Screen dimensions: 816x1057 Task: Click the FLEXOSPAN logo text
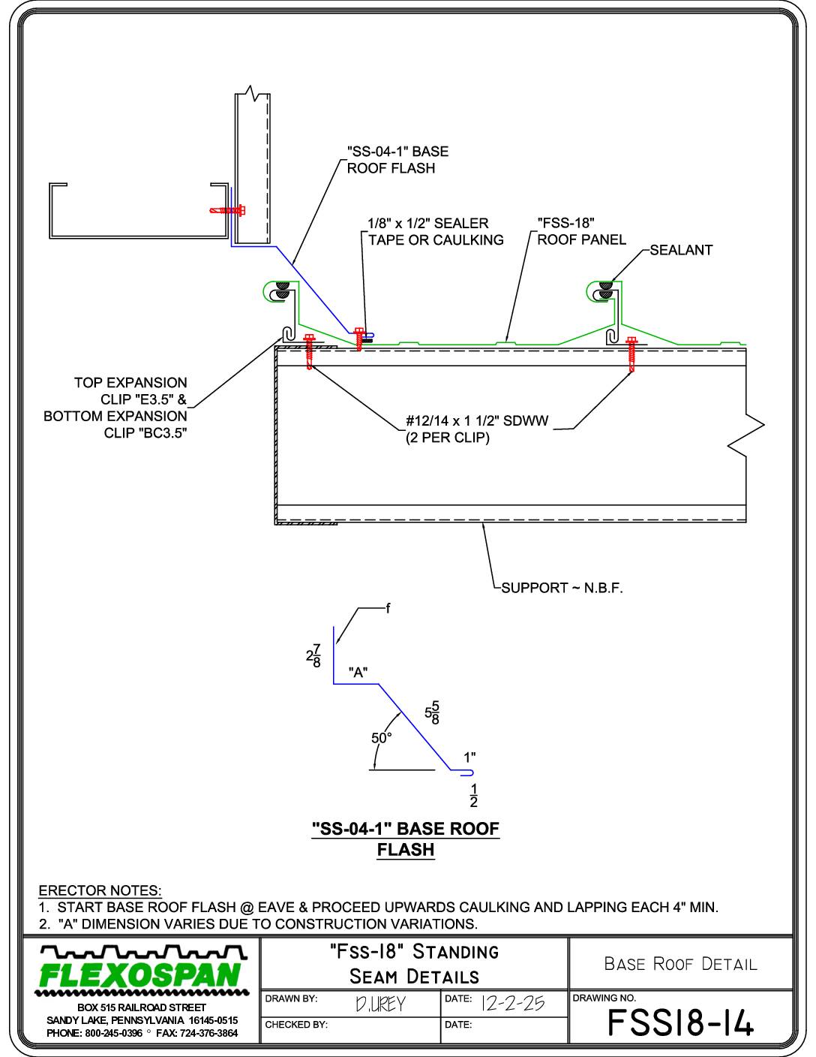click(x=140, y=976)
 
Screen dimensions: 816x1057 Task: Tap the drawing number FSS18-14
click(x=680, y=1022)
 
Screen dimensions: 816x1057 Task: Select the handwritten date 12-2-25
click(x=513, y=1004)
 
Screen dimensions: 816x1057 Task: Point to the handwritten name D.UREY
click(x=380, y=1004)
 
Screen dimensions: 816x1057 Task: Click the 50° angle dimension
click(x=382, y=738)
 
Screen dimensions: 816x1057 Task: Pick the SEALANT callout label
click(x=681, y=250)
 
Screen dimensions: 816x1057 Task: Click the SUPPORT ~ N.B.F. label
click(x=562, y=588)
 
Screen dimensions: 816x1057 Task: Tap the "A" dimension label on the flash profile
click(x=358, y=672)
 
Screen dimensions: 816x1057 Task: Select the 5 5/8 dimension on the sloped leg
click(x=432, y=712)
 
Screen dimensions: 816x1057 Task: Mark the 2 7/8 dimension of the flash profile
click(x=313, y=655)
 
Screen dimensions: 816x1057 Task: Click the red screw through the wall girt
click(x=227, y=211)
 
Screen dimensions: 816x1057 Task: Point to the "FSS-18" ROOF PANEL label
click(x=581, y=231)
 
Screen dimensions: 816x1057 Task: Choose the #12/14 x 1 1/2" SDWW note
click(x=477, y=429)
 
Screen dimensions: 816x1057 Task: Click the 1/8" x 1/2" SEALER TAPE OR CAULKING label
click(x=436, y=231)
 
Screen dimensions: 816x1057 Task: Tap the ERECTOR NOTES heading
click(x=100, y=890)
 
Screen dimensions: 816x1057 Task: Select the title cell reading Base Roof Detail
click(x=680, y=964)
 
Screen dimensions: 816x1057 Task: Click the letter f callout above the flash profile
click(x=388, y=608)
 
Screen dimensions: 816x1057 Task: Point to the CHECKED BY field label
click(x=296, y=1025)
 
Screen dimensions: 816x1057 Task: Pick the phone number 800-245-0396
click(x=114, y=1033)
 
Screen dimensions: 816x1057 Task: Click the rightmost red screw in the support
click(x=631, y=354)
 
